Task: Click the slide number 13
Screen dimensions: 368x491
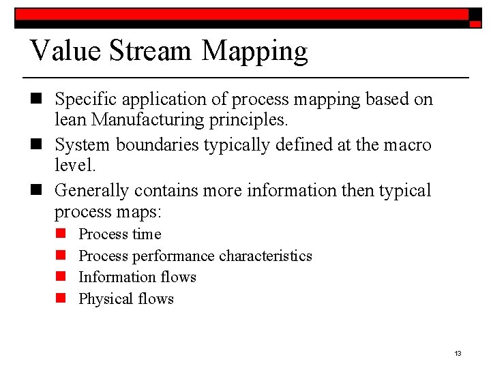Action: tap(458, 353)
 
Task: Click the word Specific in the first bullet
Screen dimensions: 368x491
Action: tap(85, 99)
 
